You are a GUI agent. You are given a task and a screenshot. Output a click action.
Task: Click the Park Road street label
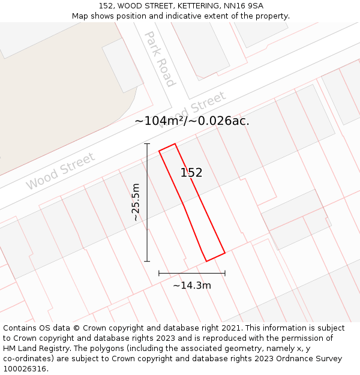point(159,59)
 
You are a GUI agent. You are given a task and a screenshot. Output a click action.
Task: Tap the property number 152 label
point(191,173)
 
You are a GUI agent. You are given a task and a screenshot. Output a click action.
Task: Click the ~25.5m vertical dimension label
point(136,202)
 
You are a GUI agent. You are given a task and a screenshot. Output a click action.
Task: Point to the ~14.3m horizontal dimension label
point(192,286)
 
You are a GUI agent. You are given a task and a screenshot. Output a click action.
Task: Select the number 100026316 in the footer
point(24,369)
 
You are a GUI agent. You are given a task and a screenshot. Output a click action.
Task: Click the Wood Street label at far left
point(60,171)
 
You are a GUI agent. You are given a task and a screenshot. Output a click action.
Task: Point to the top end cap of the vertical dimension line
point(147,144)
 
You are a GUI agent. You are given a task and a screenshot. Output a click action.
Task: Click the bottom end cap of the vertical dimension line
point(147,261)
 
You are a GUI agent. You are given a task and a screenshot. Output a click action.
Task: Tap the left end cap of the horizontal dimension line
point(159,273)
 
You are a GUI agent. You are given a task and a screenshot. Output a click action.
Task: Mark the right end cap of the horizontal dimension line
point(225,273)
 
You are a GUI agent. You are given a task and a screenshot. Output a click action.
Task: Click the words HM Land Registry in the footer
point(33,349)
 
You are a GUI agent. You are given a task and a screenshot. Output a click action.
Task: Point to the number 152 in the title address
point(106,6)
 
